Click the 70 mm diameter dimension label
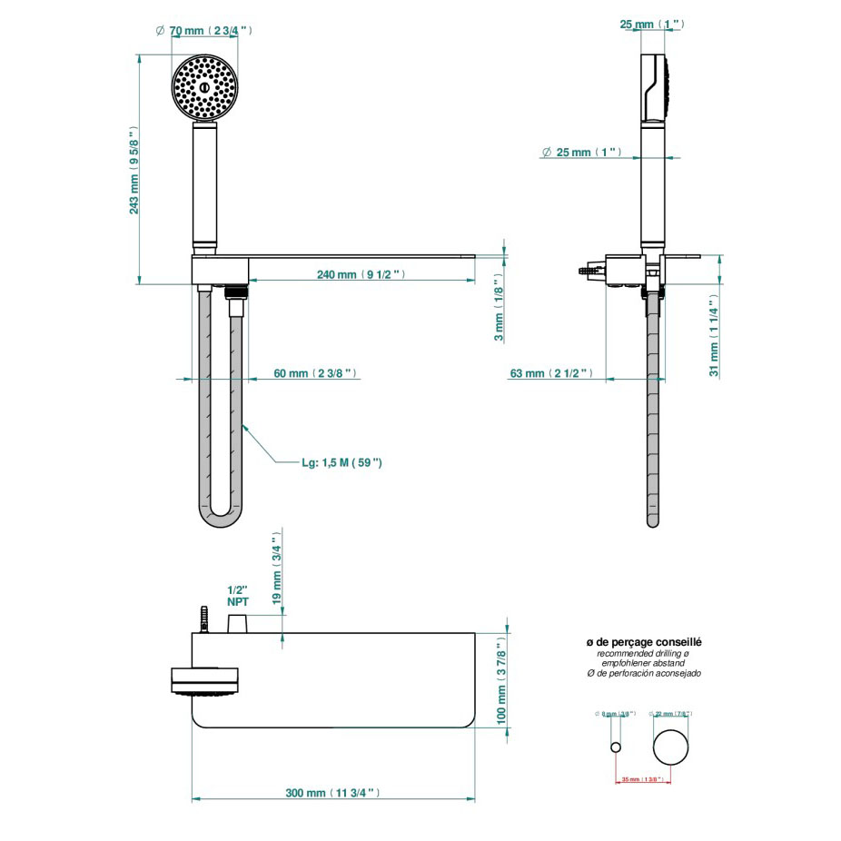(x=208, y=31)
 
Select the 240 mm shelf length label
(x=360, y=274)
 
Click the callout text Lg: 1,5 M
(x=341, y=462)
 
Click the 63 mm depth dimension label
(x=551, y=373)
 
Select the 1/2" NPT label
(x=238, y=595)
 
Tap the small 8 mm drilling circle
(x=616, y=747)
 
